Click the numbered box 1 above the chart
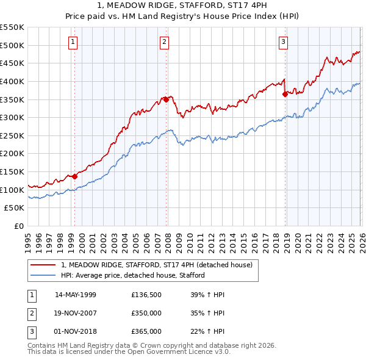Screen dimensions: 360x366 click(x=73, y=42)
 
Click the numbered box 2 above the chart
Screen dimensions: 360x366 click(x=165, y=42)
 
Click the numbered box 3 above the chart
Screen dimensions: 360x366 click(x=284, y=42)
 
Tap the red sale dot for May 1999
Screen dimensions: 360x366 click(x=74, y=176)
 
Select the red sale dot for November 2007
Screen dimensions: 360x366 click(x=166, y=99)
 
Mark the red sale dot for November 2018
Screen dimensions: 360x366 click(x=285, y=94)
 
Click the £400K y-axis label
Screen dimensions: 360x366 click(x=13, y=81)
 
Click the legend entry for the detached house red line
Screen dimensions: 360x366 click(x=160, y=265)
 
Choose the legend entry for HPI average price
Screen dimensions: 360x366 click(x=132, y=275)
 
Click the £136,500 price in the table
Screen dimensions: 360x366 click(x=146, y=295)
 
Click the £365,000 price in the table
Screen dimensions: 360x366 click(x=146, y=331)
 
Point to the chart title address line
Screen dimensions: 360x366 click(x=183, y=7)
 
